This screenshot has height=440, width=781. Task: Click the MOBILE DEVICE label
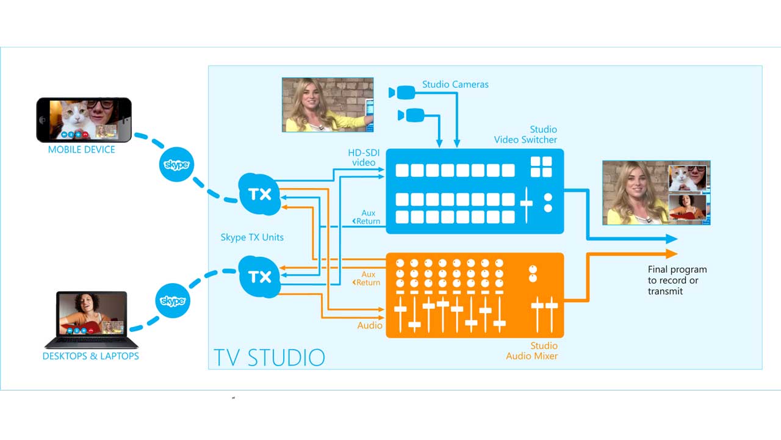click(81, 150)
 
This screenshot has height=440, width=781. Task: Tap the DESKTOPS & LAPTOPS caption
click(90, 356)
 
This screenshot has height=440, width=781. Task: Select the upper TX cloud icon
click(259, 195)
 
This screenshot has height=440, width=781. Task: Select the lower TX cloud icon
click(259, 276)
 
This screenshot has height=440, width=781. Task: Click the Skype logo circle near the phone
click(176, 165)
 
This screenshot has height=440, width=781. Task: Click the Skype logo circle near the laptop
click(173, 301)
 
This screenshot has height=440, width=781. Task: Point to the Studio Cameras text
click(455, 84)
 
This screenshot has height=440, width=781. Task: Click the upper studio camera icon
click(402, 93)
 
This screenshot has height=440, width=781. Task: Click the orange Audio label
click(370, 325)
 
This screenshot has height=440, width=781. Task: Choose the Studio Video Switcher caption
click(525, 134)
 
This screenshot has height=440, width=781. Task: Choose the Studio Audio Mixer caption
click(531, 350)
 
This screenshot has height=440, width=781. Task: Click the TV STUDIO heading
click(269, 356)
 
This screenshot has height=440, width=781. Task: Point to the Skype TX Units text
click(252, 237)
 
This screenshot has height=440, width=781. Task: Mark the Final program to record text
click(677, 280)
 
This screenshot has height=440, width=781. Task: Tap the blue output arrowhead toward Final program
click(672, 239)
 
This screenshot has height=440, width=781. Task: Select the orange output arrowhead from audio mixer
click(672, 253)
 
